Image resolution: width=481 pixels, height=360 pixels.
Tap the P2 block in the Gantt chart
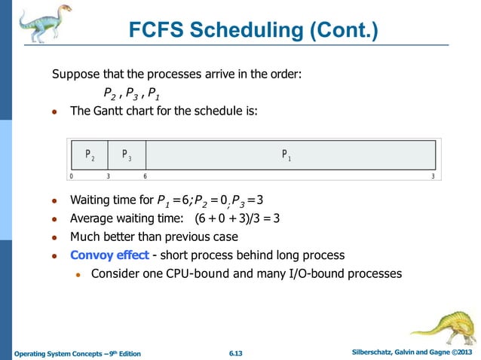89,155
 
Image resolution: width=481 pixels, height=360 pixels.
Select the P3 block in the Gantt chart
127,155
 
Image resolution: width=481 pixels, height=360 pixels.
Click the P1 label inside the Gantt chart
286,154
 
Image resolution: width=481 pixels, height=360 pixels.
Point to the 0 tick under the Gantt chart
70,176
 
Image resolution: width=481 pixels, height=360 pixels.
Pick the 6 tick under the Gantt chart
145,176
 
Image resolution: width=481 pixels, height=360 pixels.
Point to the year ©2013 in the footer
459,352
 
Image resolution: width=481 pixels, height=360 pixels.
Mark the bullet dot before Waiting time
54,202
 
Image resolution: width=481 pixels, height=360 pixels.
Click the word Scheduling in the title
253,31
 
